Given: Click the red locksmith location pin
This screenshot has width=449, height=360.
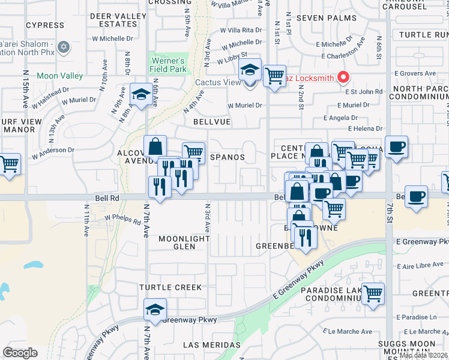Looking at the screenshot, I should coord(343,77).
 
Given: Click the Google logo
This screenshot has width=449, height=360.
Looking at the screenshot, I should coord(20,353).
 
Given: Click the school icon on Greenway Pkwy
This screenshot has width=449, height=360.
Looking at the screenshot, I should coord(155,310).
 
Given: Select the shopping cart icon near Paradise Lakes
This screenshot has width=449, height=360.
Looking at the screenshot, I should coord(373,293).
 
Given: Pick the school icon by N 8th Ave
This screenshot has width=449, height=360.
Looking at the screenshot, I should coord(141,95).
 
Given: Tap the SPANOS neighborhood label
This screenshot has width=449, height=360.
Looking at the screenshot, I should coord(228,157).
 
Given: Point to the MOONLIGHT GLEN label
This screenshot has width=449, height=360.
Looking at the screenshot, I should coord(184,242).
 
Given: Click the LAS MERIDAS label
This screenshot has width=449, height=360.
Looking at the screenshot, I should coord(212,345).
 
